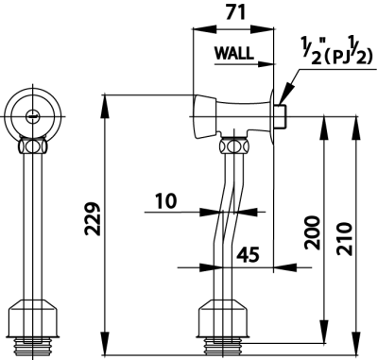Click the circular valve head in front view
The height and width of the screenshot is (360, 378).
tap(35, 116)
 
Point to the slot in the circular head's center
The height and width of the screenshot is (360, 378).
tap(35, 116)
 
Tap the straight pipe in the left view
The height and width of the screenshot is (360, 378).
tap(36, 227)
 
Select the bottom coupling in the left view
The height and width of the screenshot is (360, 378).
tap(36, 316)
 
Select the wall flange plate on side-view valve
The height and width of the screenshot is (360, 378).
tap(273, 116)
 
